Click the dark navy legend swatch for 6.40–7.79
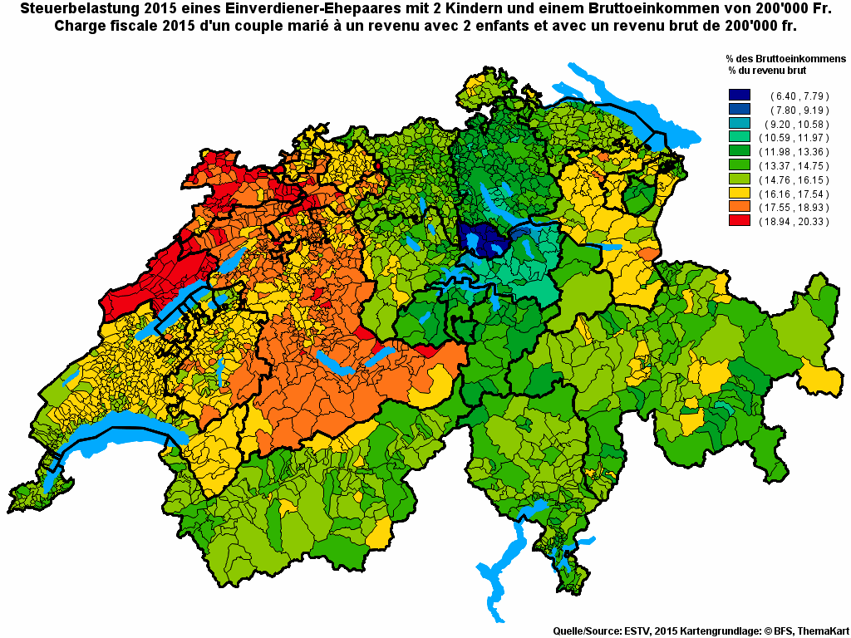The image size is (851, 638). tap(739, 96)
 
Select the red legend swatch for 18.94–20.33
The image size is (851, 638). tap(739, 221)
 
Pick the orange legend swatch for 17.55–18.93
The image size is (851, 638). tap(739, 207)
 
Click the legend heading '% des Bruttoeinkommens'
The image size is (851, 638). tap(785, 60)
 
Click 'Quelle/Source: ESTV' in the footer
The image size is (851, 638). tap(601, 631)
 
